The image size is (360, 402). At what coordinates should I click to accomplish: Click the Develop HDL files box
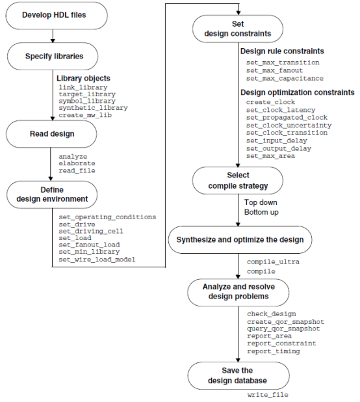coord(50,15)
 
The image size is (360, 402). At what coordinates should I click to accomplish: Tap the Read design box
coord(50,134)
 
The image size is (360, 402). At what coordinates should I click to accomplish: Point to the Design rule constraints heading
coord(282,51)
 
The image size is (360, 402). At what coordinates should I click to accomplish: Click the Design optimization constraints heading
coord(297,92)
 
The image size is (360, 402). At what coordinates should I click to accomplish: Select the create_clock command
coord(270,102)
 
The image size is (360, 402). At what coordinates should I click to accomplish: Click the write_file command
coord(267,395)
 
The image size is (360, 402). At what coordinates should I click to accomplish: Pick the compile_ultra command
coord(274,262)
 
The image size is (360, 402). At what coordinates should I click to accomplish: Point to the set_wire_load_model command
coord(97,260)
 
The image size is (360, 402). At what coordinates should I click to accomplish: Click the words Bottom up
coord(262,212)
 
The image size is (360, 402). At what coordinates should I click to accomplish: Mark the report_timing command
coord(273,351)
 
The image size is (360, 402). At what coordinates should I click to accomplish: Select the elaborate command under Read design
coord(77,163)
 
